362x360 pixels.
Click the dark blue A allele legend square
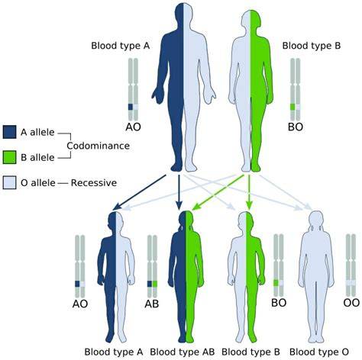tap(9, 132)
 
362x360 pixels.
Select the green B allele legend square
tap(9, 157)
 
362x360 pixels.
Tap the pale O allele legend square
tap(9, 182)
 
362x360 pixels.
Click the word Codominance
tap(98, 146)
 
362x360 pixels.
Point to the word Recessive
tap(94, 182)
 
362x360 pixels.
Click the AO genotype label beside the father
tap(133, 127)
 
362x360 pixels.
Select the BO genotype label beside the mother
tap(296, 127)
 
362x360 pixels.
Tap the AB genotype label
tap(152, 304)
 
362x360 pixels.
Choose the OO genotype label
tap(351, 303)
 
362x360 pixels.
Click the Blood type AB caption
tap(183, 352)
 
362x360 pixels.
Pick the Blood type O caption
tap(319, 352)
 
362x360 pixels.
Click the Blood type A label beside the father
tap(121, 46)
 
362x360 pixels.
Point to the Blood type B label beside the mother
tap(312, 46)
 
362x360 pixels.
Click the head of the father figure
tap(183, 14)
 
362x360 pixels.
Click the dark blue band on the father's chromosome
tap(131, 107)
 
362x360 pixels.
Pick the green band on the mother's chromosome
tap(293, 107)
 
